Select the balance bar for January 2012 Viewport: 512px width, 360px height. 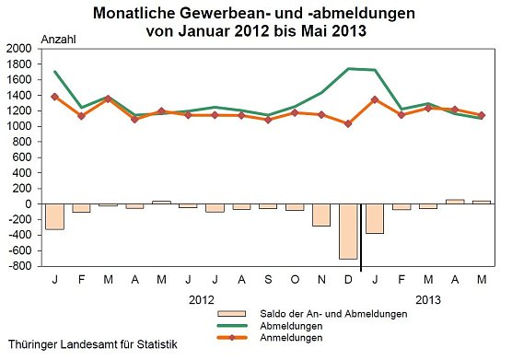[55, 216]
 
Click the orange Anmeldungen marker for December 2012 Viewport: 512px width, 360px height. [348, 123]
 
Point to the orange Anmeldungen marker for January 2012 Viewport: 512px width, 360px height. [55, 96]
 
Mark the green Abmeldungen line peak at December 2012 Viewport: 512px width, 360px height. [348, 68]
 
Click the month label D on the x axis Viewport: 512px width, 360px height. [348, 277]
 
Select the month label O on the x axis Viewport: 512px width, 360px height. [295, 277]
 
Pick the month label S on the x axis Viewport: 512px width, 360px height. [268, 277]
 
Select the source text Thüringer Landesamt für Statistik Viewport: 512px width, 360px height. [89, 344]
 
